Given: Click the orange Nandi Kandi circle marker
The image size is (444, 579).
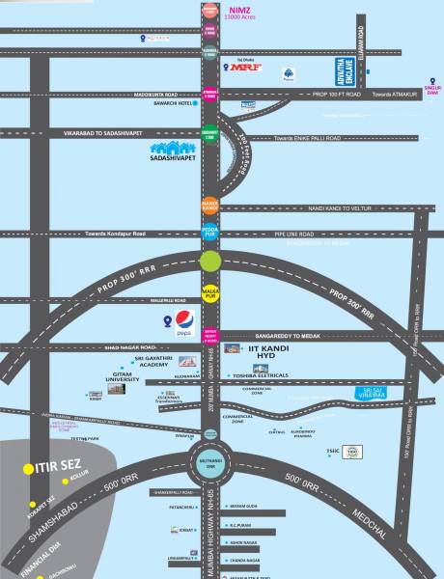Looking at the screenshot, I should coord(209,206).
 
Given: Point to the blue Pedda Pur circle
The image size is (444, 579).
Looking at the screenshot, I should coord(209,232).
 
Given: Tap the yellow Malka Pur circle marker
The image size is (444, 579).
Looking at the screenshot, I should coord(209,292).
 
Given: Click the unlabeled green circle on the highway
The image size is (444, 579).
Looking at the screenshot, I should coord(209,261).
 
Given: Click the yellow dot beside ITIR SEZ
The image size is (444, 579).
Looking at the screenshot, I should coord(28,469).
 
